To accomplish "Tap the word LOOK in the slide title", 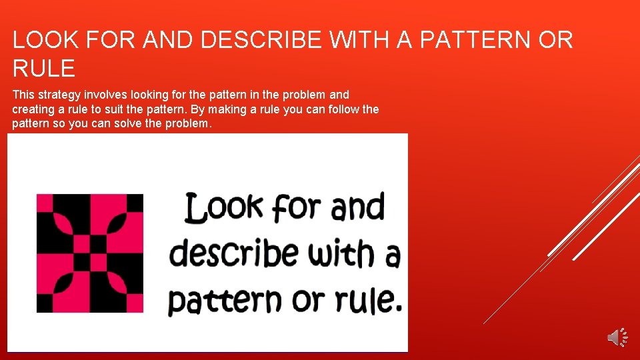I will [45, 40].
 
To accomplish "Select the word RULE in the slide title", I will [43, 68].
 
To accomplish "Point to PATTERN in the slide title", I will [475, 40].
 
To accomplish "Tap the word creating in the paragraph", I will [33, 109].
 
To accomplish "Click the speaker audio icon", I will [617, 337].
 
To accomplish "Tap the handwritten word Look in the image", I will [223, 208].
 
